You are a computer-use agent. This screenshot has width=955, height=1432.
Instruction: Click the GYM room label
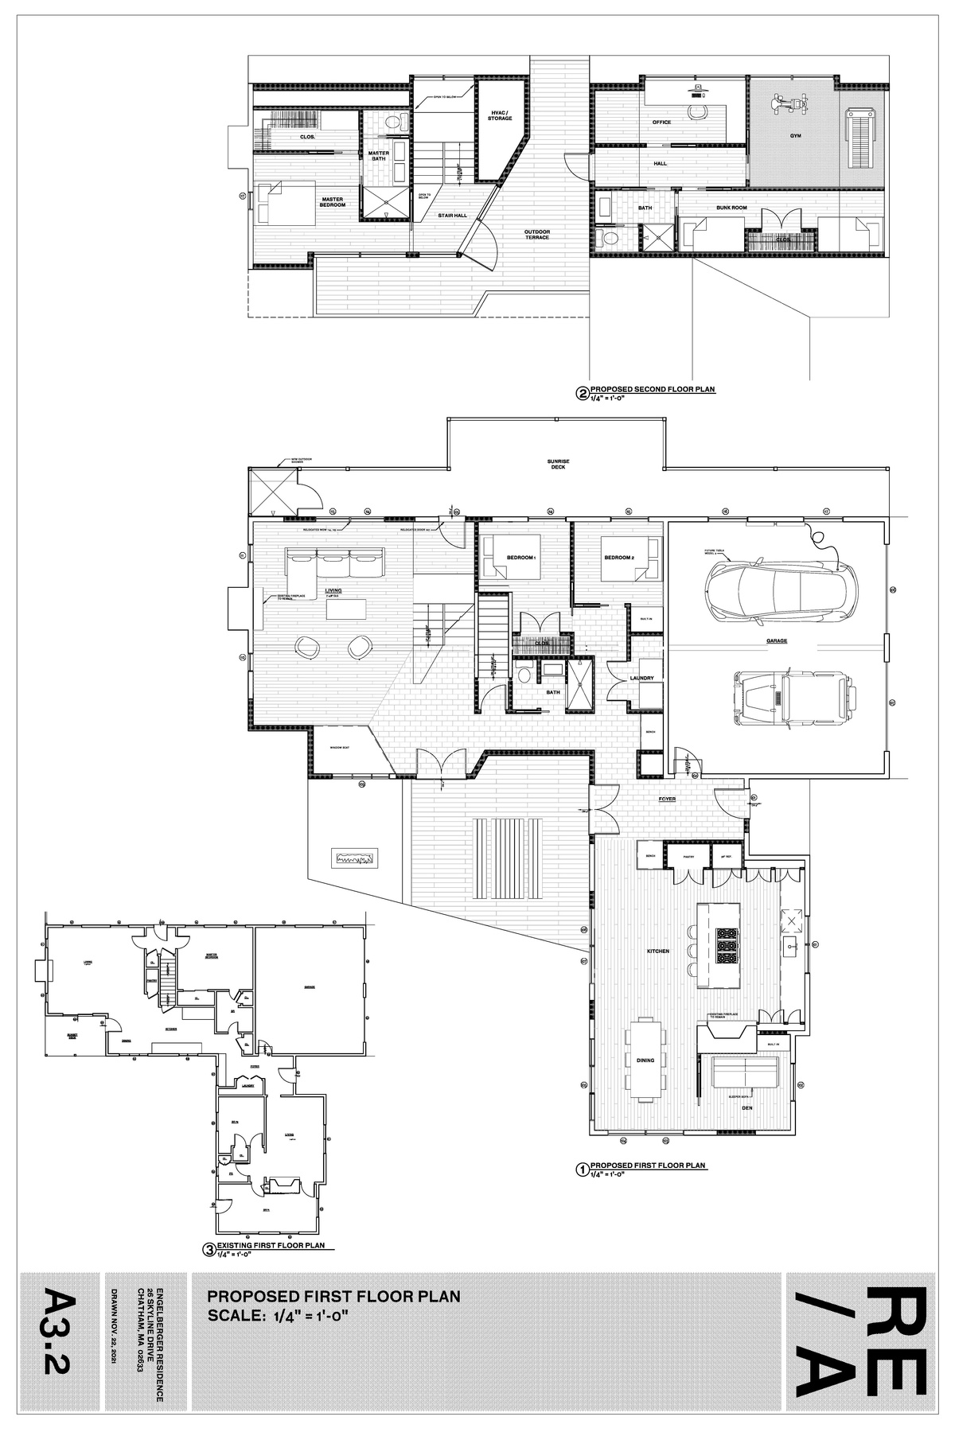click(x=795, y=136)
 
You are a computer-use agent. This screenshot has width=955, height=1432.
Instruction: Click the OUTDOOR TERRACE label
click(x=536, y=235)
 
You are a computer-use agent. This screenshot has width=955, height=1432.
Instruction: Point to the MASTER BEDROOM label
click(x=333, y=202)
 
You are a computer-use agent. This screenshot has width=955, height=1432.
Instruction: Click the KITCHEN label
click(x=658, y=951)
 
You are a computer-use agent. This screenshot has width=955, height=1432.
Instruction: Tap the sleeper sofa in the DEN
click(x=744, y=1073)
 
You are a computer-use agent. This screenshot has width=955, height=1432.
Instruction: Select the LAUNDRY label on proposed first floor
click(x=641, y=679)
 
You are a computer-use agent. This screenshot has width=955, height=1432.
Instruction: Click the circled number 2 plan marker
click(x=582, y=392)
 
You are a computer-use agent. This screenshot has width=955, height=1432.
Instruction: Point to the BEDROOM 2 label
click(x=618, y=558)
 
